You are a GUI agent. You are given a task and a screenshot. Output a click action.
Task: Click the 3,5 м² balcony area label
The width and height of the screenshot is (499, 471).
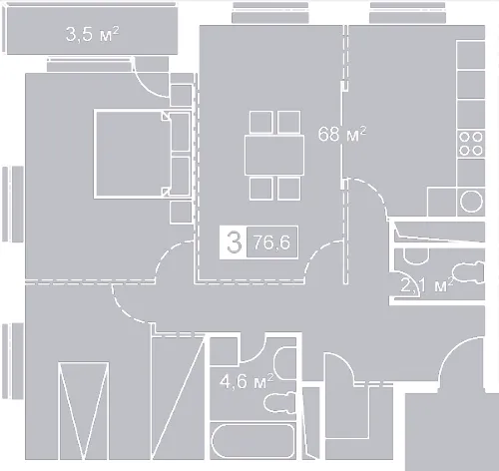coord(92,34)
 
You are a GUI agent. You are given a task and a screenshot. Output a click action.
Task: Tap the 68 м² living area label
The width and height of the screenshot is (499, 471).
coord(342,134)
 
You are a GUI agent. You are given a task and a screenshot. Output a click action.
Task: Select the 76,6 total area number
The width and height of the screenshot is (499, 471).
coord(271,242)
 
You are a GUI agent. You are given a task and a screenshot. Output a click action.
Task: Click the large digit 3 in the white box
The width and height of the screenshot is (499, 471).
coord(234,242)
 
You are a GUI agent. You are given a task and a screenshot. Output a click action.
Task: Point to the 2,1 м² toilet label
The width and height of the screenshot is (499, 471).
coord(427,285)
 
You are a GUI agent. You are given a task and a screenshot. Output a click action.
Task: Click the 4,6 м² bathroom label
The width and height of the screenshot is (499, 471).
coord(247,381)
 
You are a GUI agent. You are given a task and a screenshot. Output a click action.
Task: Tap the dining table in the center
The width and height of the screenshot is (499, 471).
coord(274,155)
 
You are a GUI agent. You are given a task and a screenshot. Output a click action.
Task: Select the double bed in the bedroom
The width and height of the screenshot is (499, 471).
coord(143,154)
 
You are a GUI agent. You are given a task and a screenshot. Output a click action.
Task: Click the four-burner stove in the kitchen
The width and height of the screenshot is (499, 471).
coord(471,144)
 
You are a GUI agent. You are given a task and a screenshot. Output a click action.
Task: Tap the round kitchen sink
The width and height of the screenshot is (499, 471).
coord(471,202)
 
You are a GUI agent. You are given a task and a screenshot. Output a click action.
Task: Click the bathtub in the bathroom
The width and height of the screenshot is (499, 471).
coord(253,440)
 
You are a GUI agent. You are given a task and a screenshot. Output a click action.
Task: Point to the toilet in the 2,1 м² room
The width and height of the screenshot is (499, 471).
coord(469,272)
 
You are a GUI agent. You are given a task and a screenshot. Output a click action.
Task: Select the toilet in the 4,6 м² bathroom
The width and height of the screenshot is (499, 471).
coord(279,403)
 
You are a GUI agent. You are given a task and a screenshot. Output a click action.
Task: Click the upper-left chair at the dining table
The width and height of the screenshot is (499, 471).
coord(261,123)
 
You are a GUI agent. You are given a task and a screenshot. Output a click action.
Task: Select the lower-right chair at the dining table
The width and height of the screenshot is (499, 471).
coord(288,189)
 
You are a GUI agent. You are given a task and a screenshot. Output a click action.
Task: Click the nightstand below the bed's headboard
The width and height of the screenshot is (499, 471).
coord(181,213)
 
